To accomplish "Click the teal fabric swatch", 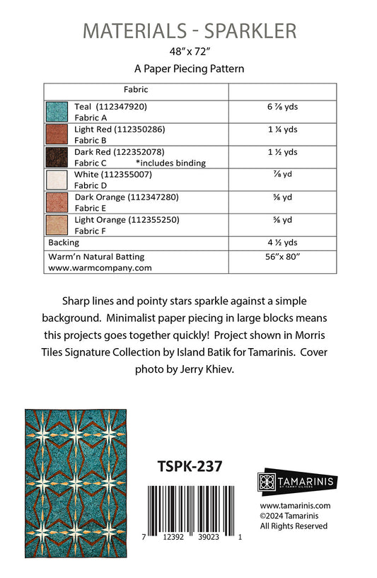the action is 56,112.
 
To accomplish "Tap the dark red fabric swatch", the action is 56,157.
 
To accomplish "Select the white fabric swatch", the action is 56,180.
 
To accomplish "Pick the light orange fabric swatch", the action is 56,225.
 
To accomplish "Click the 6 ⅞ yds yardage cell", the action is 282,107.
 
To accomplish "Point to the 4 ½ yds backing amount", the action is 282,242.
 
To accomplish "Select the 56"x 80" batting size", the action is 282,257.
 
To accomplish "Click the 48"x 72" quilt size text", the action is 188,52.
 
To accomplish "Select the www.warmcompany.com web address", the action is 100,268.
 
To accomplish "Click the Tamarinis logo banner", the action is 296,482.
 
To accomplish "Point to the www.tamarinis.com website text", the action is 295,506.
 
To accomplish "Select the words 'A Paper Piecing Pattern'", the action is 188,69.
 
